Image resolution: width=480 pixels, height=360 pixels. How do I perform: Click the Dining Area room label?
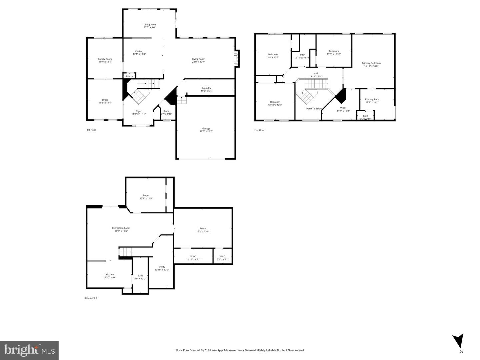tap(150, 24)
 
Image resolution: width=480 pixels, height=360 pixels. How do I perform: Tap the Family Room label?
tap(105, 59)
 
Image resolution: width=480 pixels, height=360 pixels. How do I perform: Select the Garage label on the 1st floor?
tap(206, 129)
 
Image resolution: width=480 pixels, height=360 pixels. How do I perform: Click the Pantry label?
tap(129, 76)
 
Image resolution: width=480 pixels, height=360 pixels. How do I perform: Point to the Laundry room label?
tap(206, 88)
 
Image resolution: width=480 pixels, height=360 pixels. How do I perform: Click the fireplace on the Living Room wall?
tap(237, 59)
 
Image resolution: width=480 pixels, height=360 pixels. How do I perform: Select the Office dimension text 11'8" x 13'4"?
tap(105, 103)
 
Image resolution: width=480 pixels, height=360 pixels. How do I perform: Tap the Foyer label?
tap(138, 111)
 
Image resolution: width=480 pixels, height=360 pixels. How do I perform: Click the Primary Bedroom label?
tap(371, 63)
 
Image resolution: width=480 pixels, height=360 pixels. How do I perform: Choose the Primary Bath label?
tap(372, 99)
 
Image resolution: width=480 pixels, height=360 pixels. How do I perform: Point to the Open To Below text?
tap(314, 109)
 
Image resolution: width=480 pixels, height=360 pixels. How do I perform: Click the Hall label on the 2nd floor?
tap(315, 73)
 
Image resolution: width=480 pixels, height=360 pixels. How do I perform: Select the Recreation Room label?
tap(121, 228)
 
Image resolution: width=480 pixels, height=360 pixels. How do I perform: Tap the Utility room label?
tap(162, 267)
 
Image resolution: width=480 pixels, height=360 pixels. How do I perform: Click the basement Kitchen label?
tap(110, 274)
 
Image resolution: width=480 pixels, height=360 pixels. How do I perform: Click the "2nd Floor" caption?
tap(259, 130)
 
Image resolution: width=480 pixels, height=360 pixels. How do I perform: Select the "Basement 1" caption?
tap(90, 298)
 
